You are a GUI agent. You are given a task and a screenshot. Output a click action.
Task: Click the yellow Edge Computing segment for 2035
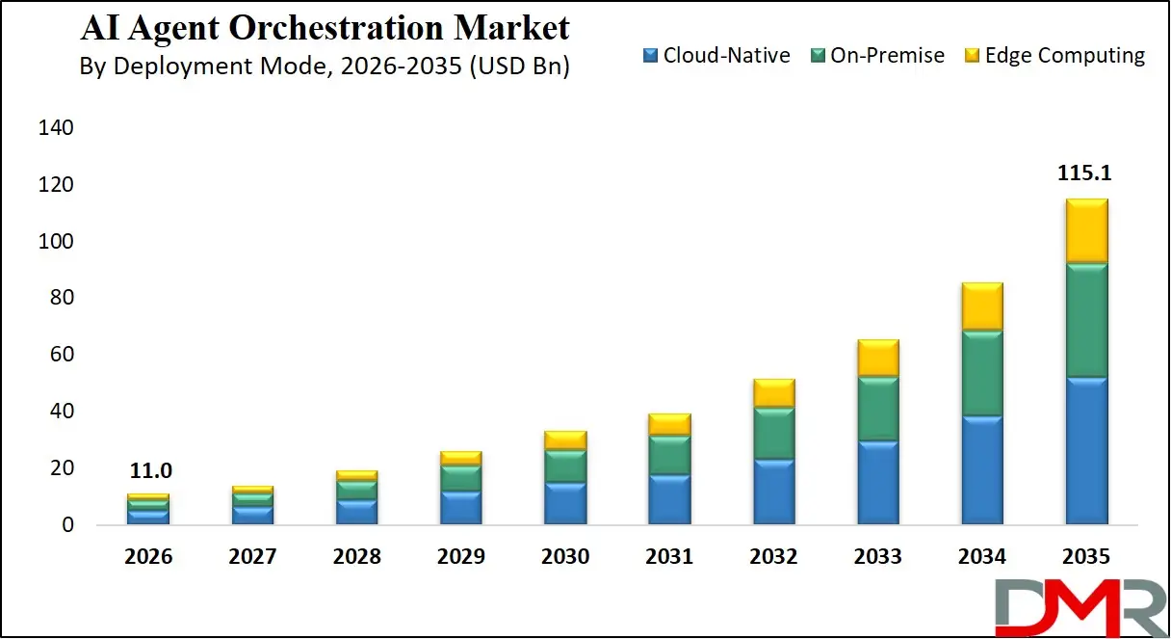(1086, 231)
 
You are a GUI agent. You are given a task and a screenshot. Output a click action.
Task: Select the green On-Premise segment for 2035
(1086, 320)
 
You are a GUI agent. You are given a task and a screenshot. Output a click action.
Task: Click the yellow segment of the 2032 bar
(774, 393)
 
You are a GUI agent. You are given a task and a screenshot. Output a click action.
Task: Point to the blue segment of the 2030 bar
(565, 503)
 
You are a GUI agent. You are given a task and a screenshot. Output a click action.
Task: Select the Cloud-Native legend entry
(716, 56)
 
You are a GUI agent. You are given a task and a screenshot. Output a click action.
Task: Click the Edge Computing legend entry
(1054, 56)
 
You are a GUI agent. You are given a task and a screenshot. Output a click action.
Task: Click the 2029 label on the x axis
(460, 557)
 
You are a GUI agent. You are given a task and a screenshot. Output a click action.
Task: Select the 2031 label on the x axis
(669, 557)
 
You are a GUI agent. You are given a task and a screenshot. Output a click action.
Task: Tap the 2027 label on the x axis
(252, 557)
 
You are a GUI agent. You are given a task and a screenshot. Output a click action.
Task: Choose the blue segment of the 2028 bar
(356, 511)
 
